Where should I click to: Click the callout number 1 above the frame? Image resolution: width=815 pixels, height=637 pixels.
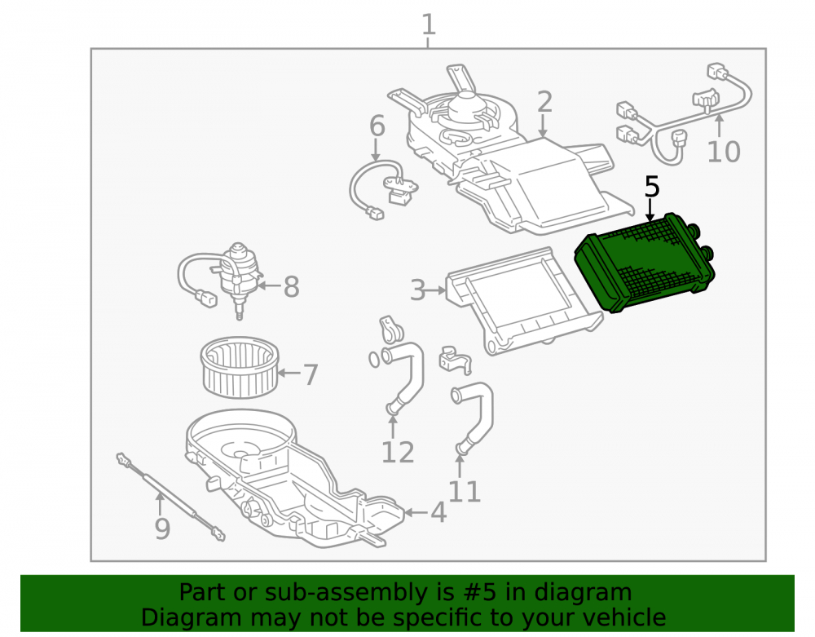coord(428,25)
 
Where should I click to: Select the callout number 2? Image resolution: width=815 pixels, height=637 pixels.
coord(544,102)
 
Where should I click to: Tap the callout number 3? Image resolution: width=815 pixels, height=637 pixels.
coord(418,290)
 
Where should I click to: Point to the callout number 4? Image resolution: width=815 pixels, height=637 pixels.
coord(438,513)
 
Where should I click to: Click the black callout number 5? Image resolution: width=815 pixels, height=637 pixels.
coord(652,187)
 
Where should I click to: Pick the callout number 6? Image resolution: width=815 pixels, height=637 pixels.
coord(377,126)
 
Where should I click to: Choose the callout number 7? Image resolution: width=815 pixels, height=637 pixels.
coord(311,375)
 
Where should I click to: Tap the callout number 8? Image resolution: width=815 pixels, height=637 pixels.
coord(291,287)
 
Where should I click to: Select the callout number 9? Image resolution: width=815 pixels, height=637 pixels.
coord(162,529)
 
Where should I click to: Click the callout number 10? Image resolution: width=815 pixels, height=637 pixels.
coord(724,152)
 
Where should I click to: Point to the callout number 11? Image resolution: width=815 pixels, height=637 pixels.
coord(465,491)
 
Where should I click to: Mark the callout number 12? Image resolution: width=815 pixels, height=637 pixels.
coord(398,453)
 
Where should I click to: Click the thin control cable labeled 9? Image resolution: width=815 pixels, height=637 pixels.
coord(170,497)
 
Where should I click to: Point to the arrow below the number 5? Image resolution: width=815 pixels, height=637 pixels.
coord(650,210)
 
